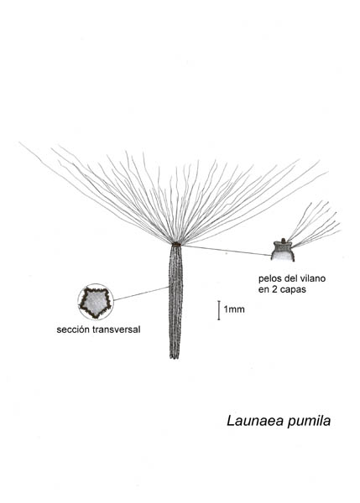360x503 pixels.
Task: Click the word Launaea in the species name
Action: pyautogui.click(x=256, y=421)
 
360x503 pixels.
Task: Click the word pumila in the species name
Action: pyautogui.click(x=309, y=422)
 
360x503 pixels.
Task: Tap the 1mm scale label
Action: pyautogui.click(x=234, y=309)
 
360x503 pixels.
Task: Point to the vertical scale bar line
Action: pyautogui.click(x=219, y=310)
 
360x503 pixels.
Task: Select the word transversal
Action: pyautogui.click(x=117, y=329)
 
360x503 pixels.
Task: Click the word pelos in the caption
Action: pyautogui.click(x=269, y=279)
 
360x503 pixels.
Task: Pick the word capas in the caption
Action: pyautogui.click(x=293, y=290)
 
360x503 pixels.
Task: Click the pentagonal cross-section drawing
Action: pyautogui.click(x=96, y=302)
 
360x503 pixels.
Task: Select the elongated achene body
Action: pyautogui.click(x=175, y=302)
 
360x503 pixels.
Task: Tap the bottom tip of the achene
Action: pyautogui.click(x=175, y=358)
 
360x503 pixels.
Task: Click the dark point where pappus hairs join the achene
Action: pyautogui.click(x=175, y=245)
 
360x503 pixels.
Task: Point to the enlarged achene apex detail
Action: pyautogui.click(x=283, y=251)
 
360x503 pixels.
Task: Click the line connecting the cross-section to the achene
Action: pyautogui.click(x=141, y=293)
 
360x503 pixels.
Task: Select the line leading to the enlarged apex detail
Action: pyautogui.click(x=227, y=251)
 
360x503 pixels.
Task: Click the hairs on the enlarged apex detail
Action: pyautogui.click(x=314, y=225)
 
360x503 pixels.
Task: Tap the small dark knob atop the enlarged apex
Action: pyautogui.click(x=283, y=241)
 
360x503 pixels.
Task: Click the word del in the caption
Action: pyautogui.click(x=289, y=278)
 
